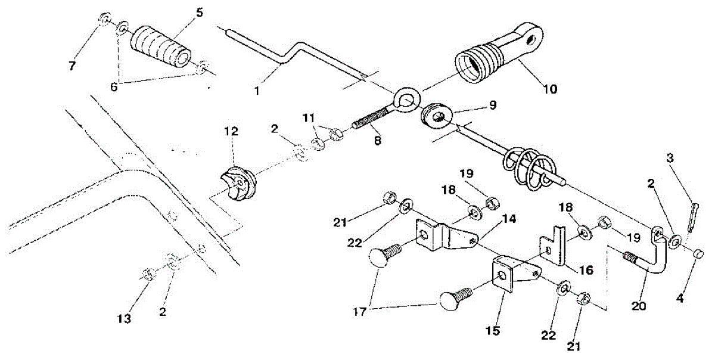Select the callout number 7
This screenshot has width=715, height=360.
72,66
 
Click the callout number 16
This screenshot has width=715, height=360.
586,269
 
